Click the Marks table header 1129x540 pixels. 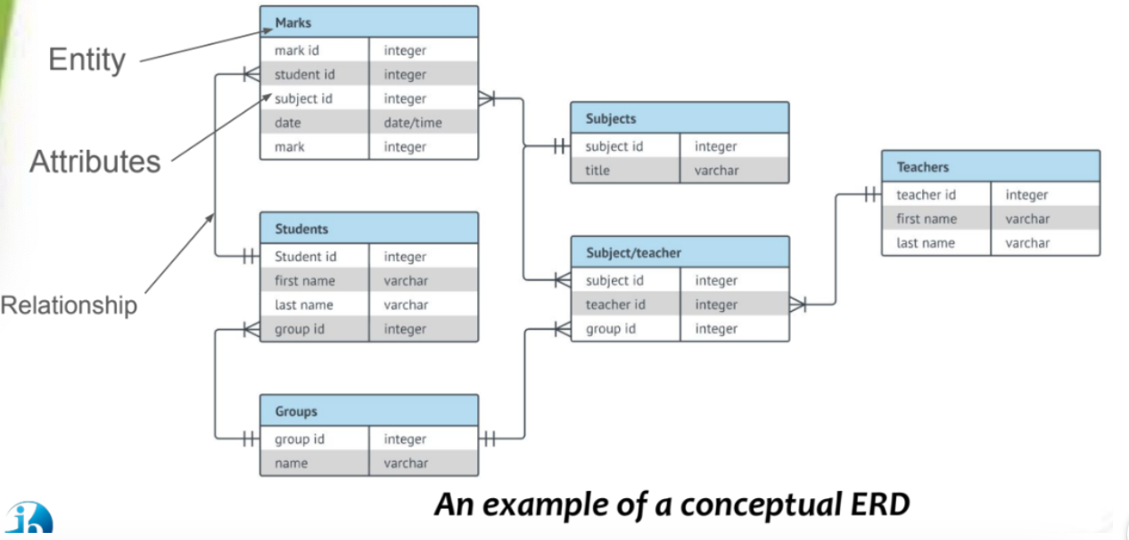coord(368,22)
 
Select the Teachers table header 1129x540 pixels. coord(990,167)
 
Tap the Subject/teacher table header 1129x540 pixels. coord(680,252)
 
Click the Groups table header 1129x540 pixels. coord(368,411)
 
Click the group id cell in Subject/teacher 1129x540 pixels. coord(611,329)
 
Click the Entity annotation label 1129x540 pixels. coord(87,60)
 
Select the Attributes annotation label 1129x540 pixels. coord(95,161)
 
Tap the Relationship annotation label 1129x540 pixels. coord(70,305)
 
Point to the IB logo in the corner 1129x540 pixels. coord(29,521)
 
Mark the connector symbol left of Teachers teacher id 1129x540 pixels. coord(871,194)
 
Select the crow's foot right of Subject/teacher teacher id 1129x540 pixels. coord(798,305)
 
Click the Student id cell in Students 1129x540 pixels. coord(306,257)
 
